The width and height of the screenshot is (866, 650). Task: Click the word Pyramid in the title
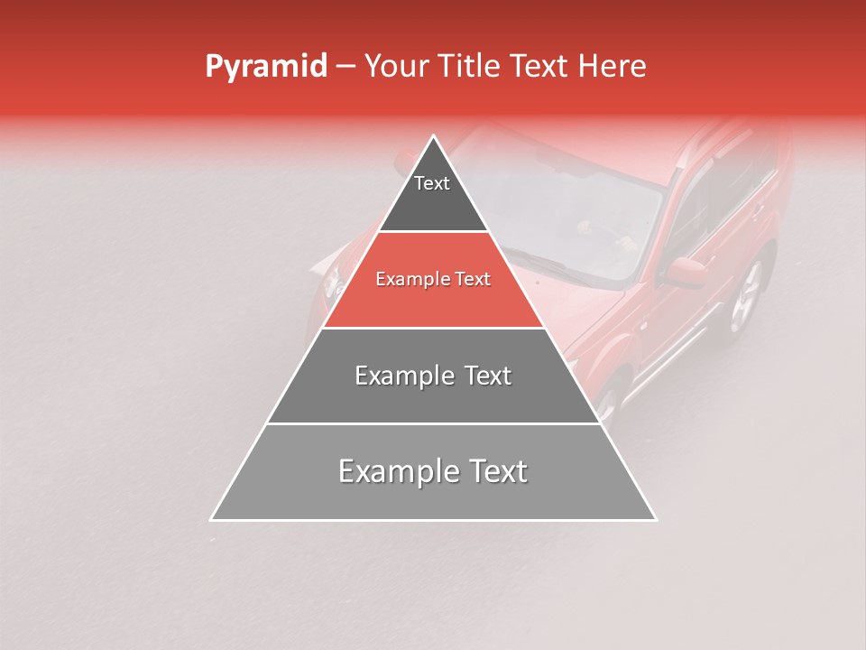265,67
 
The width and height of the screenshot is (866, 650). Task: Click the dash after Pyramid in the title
345,67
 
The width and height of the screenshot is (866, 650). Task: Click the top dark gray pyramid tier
433,194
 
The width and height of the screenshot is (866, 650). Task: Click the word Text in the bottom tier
492,471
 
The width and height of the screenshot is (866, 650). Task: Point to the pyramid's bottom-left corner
212,519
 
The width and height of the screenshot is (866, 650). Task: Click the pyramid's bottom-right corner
655,519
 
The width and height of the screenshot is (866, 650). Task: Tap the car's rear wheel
746,298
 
